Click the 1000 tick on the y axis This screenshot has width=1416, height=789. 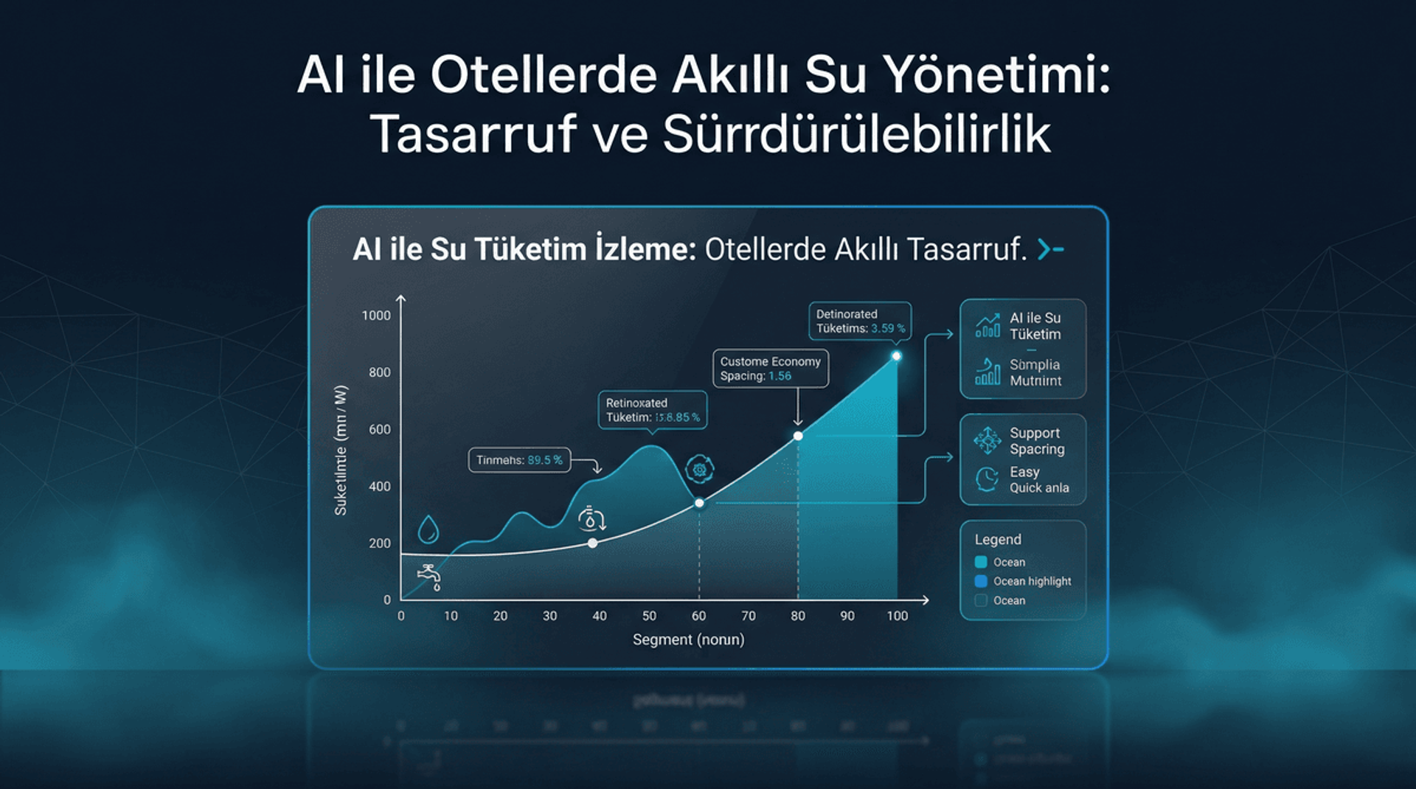click(376, 316)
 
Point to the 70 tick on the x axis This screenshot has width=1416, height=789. click(748, 616)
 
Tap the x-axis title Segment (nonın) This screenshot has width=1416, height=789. click(688, 639)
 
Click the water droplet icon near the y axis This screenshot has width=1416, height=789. click(428, 529)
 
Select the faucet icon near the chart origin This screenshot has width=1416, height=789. click(429, 577)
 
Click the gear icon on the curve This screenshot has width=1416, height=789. click(699, 469)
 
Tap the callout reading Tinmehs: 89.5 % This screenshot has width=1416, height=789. click(519, 460)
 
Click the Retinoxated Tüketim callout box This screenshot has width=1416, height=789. click(652, 410)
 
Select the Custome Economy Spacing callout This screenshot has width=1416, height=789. click(770, 369)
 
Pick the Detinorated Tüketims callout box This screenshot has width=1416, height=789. click(860, 321)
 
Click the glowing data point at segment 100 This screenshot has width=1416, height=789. click(896, 356)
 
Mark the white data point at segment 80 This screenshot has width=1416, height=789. click(798, 436)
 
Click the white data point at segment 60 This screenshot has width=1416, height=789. click(699, 503)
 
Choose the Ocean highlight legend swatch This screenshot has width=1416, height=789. click(981, 581)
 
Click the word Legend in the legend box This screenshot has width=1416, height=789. click(998, 540)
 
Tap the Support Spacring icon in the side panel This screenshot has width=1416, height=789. click(987, 440)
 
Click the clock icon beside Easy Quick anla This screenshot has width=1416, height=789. click(987, 479)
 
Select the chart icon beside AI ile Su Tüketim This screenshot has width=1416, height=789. click(988, 325)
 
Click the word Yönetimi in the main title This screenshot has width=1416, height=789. click(996, 75)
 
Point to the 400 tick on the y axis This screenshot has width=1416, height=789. click(379, 487)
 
